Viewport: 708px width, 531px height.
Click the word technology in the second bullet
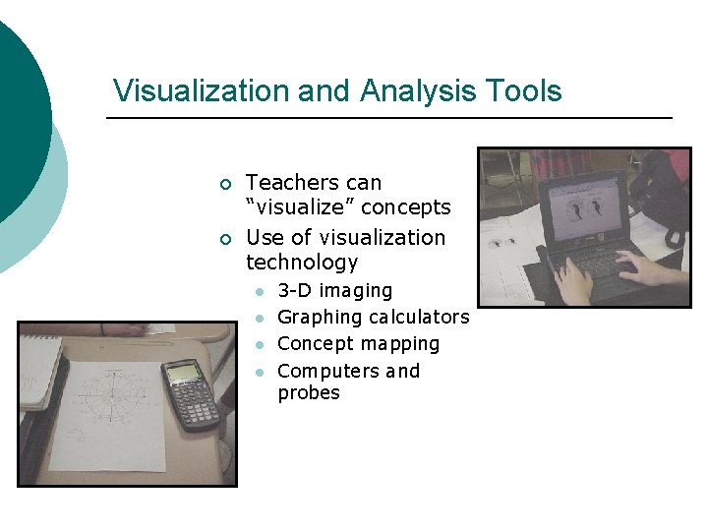pos(302,263)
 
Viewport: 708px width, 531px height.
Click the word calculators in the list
pos(419,318)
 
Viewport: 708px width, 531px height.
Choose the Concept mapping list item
pos(359,344)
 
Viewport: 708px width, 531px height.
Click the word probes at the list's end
pos(309,393)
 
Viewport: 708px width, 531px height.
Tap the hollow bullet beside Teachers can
pos(225,185)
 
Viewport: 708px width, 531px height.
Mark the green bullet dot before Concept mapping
pos(259,345)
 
